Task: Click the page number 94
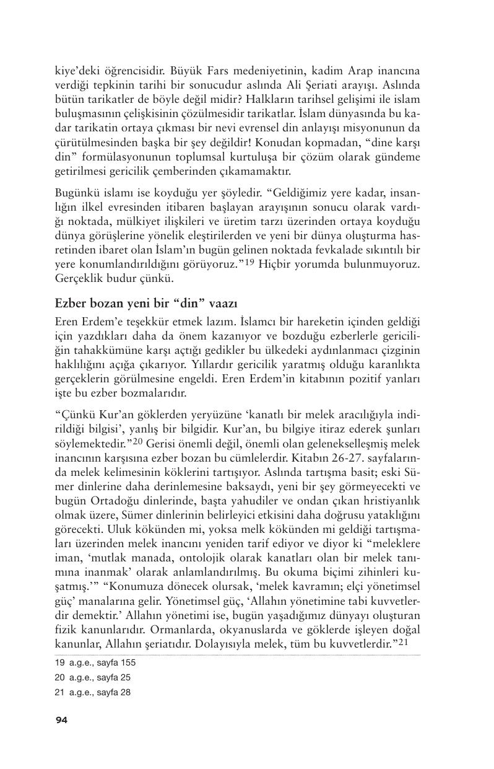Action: tap(61, 719)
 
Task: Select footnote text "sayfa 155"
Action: tap(115, 662)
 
